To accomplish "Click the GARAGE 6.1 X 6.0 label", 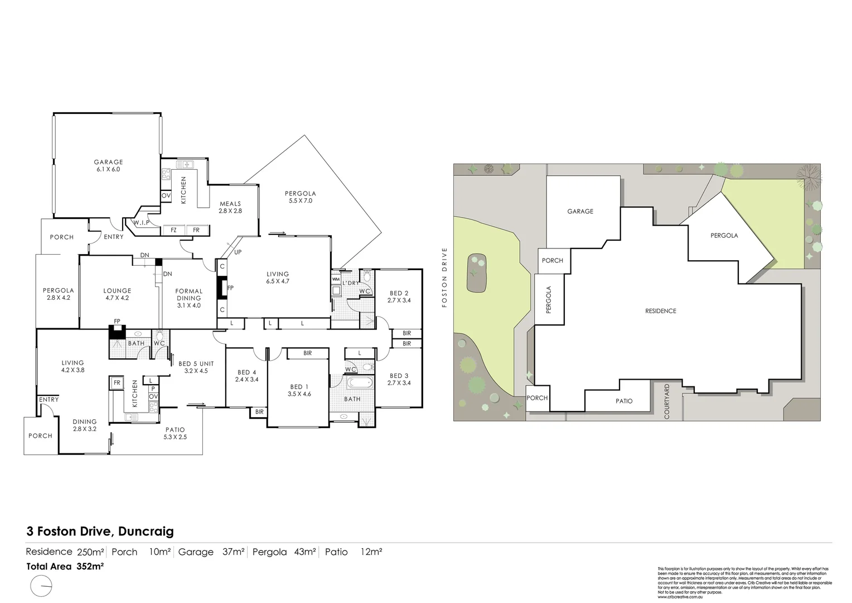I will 108,166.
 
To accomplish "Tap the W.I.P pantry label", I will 140,223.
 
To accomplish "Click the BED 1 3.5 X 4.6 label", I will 298,390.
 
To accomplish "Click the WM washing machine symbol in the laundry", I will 336,279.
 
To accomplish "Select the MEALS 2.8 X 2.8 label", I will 230,207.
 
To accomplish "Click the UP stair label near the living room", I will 238,252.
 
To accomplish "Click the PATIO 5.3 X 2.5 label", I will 175,433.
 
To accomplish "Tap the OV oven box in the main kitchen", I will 166,196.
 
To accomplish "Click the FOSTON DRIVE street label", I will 444,277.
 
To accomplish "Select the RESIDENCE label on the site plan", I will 660,311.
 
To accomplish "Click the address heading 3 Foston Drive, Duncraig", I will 100,532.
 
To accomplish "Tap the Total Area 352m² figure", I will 66,566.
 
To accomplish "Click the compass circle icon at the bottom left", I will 42,587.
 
